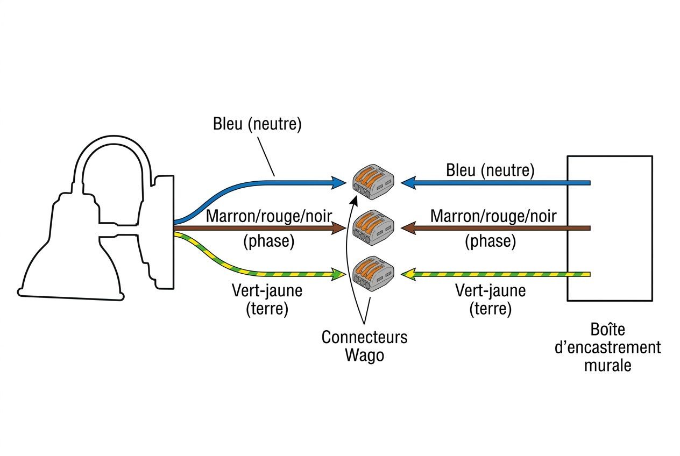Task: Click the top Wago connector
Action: (x=373, y=182)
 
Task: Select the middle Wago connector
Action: (x=373, y=228)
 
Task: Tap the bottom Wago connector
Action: (x=373, y=274)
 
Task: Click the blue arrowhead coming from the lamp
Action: (x=338, y=183)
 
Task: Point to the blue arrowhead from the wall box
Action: (x=408, y=183)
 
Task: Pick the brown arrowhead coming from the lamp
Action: (x=338, y=228)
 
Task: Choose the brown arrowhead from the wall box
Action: (x=408, y=228)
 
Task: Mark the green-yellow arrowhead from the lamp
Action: (x=338, y=274)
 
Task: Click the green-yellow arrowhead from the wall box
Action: (x=408, y=274)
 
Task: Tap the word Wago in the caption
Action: (x=365, y=355)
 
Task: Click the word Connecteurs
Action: (x=364, y=337)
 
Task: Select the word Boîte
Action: (x=607, y=329)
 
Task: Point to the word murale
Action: (x=608, y=365)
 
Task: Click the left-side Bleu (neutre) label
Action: (x=257, y=124)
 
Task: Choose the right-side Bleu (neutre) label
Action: (x=490, y=170)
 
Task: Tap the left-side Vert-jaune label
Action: (x=267, y=290)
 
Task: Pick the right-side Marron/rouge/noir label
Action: (x=493, y=216)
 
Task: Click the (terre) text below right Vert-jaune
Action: (x=491, y=309)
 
